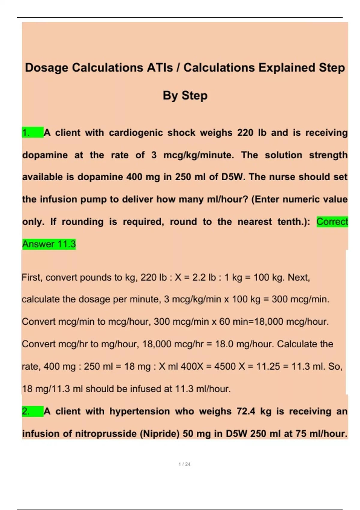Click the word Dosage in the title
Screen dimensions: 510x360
coord(46,68)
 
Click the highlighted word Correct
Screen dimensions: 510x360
coord(332,222)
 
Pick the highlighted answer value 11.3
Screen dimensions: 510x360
coord(66,244)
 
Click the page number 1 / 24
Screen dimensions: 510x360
coord(184,464)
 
